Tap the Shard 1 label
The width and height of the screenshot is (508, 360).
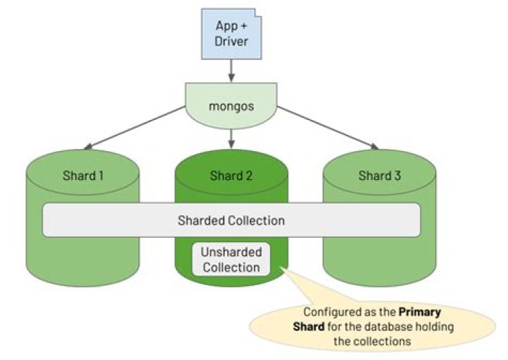83,176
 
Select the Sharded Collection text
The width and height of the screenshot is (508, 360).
231,220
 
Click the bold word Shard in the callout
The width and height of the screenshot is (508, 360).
308,325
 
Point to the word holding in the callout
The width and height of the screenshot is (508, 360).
433,325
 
